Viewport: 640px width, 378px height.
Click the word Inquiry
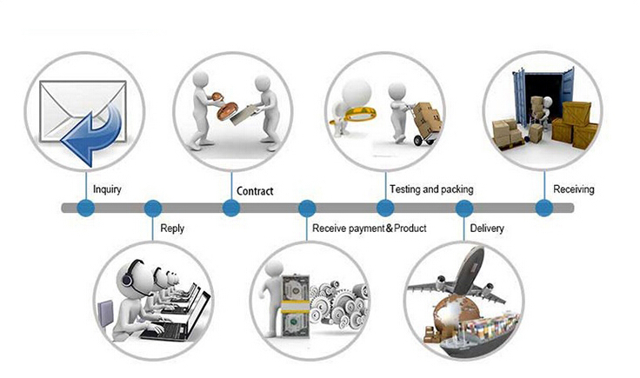(x=107, y=189)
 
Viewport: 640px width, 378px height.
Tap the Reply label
(x=172, y=229)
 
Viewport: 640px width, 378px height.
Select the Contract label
(x=255, y=191)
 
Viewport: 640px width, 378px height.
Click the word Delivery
(x=487, y=229)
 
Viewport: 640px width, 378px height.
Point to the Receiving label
(x=573, y=189)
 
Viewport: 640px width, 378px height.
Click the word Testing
(x=405, y=189)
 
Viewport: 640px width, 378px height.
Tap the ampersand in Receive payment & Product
(x=390, y=228)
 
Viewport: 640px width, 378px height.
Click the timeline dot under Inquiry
(x=86, y=208)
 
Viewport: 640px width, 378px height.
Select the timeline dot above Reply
(x=153, y=208)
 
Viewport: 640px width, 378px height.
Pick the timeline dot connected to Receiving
(x=544, y=208)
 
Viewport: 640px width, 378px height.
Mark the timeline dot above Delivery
(x=464, y=208)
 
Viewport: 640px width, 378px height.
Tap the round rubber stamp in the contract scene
(x=227, y=110)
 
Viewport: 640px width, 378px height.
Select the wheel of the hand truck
(x=418, y=140)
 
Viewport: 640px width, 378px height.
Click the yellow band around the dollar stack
(x=294, y=306)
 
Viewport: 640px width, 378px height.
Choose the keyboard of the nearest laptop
(x=163, y=330)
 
